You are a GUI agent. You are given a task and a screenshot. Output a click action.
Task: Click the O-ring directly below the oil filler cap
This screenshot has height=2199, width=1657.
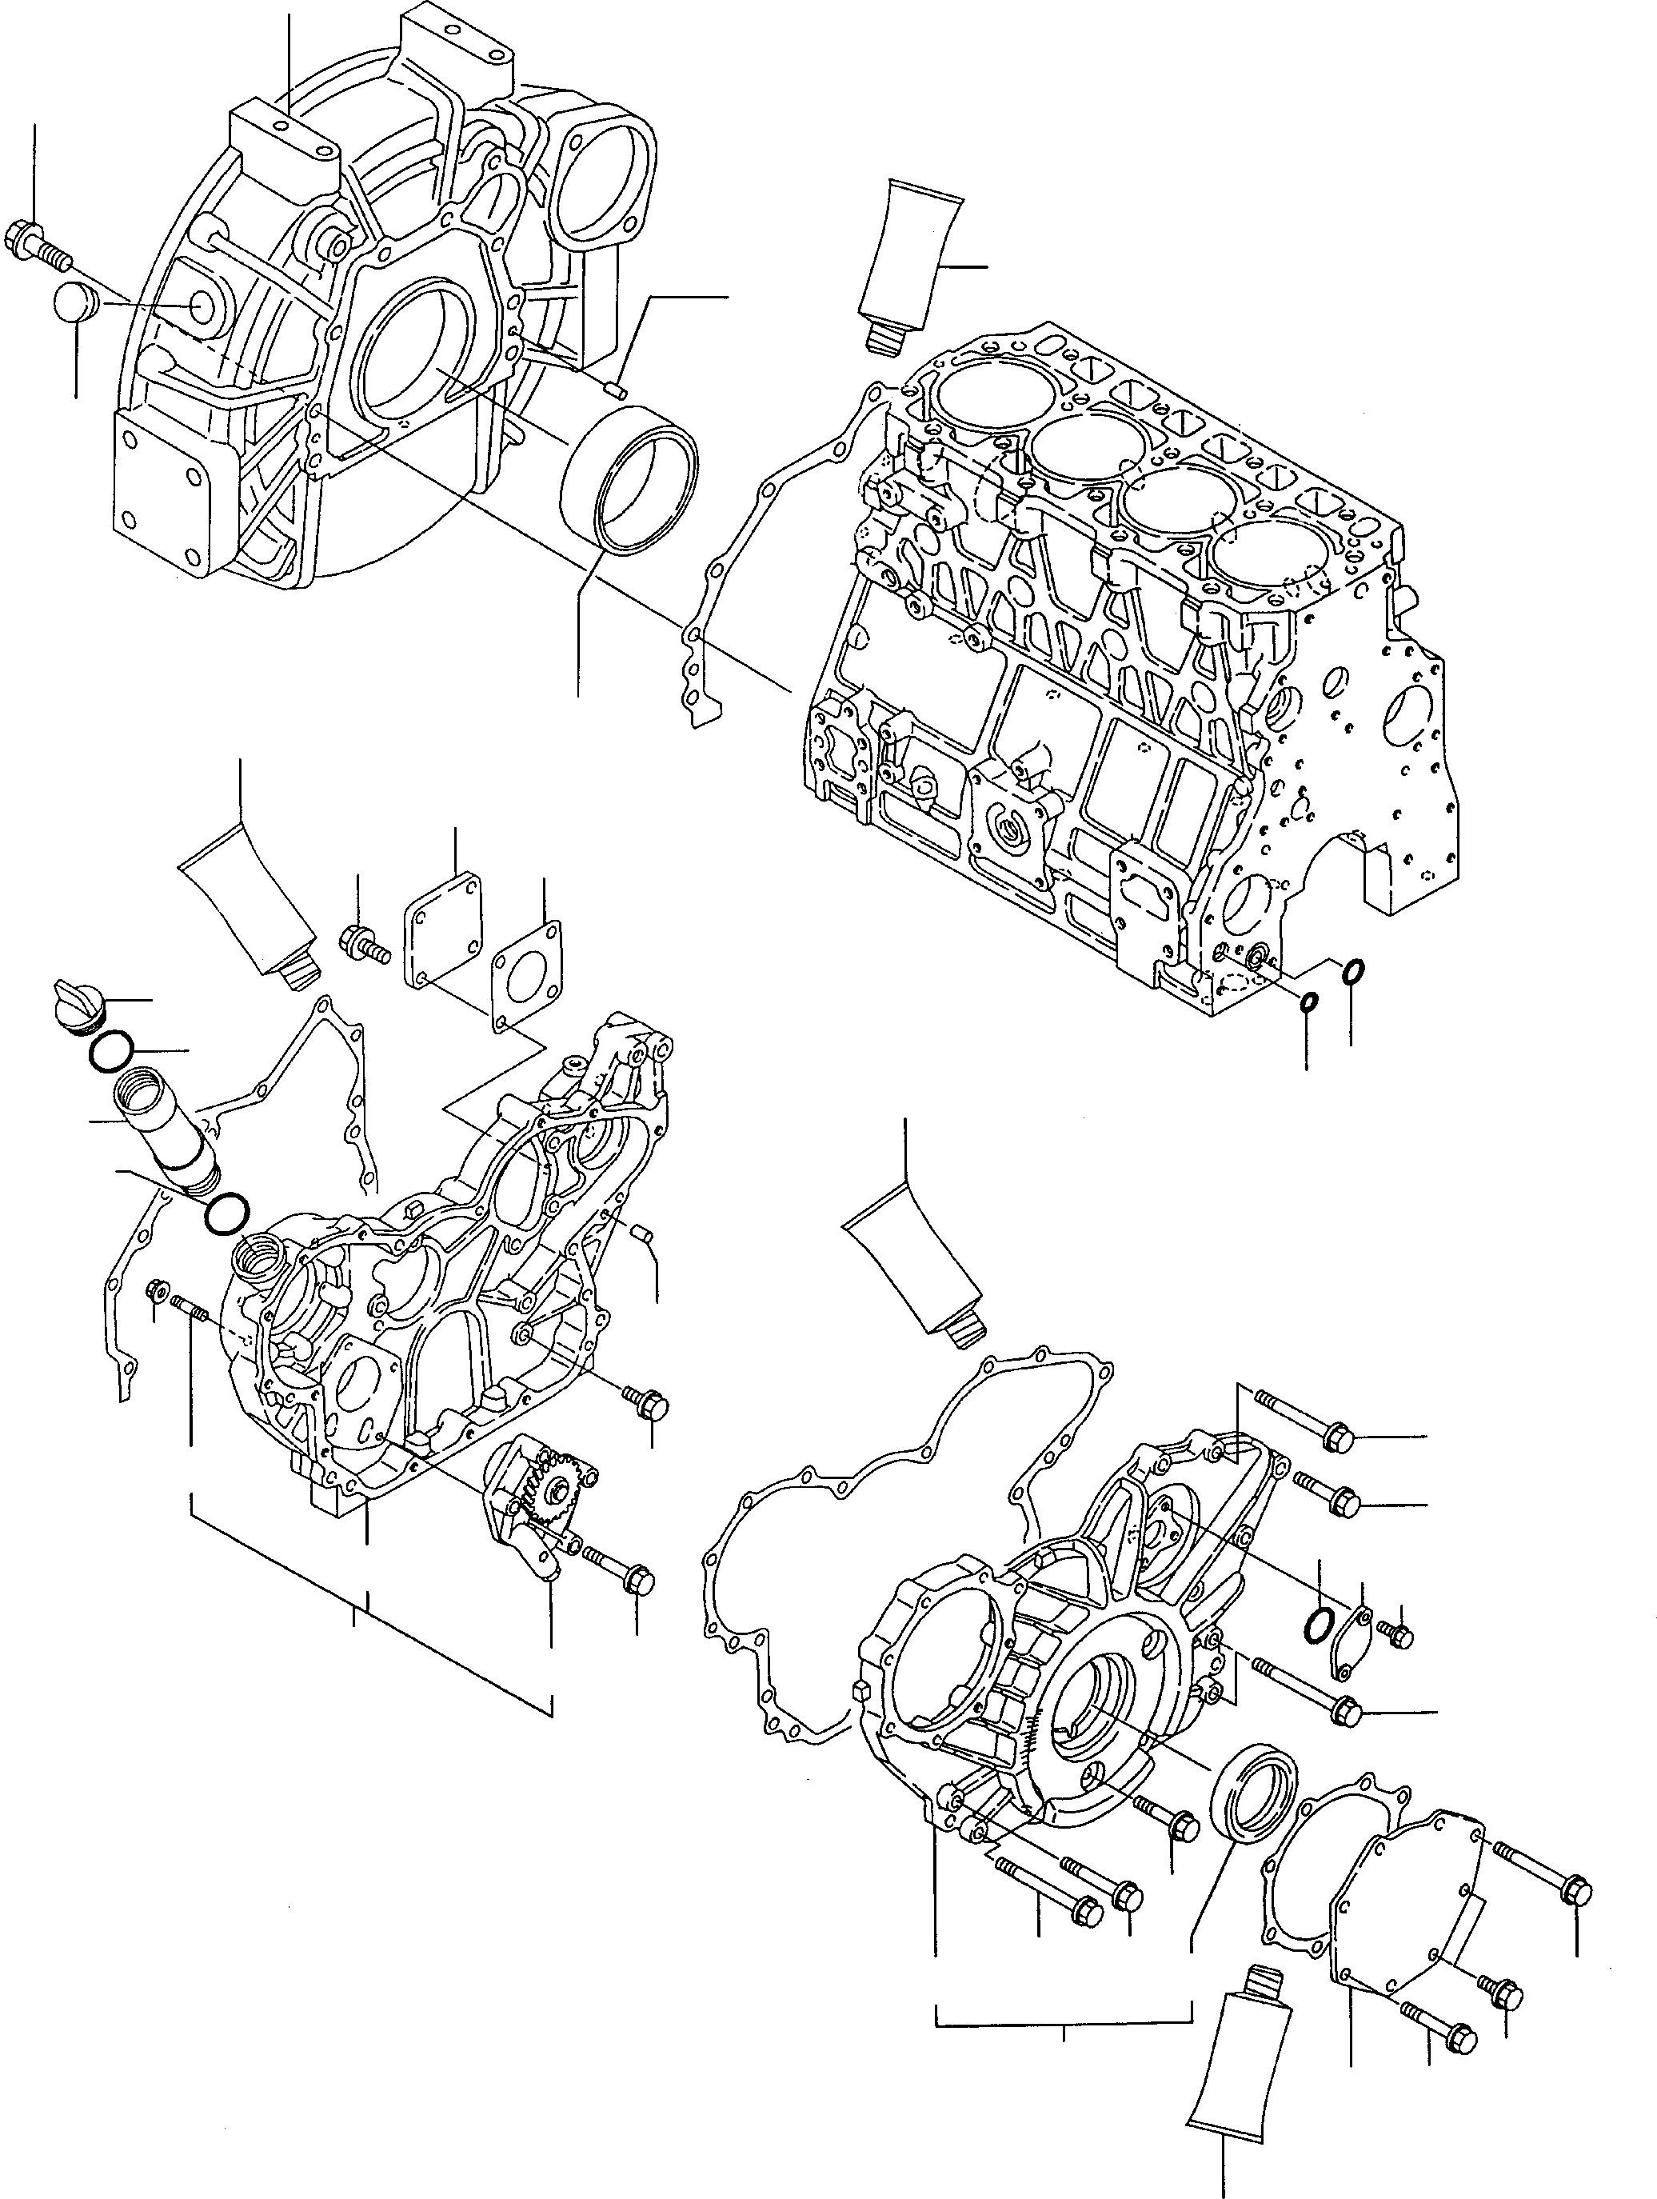tap(110, 1052)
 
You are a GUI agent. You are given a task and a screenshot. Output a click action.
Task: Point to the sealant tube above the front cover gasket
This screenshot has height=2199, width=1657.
tap(915, 1274)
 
